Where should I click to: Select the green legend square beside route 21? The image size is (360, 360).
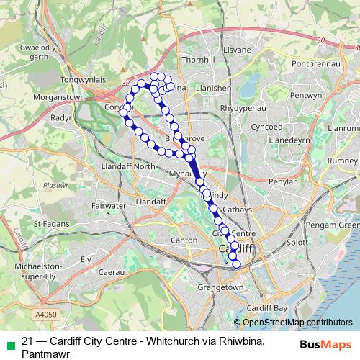click(x=8, y=342)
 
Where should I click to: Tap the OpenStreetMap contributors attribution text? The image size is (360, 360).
click(x=297, y=323)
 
